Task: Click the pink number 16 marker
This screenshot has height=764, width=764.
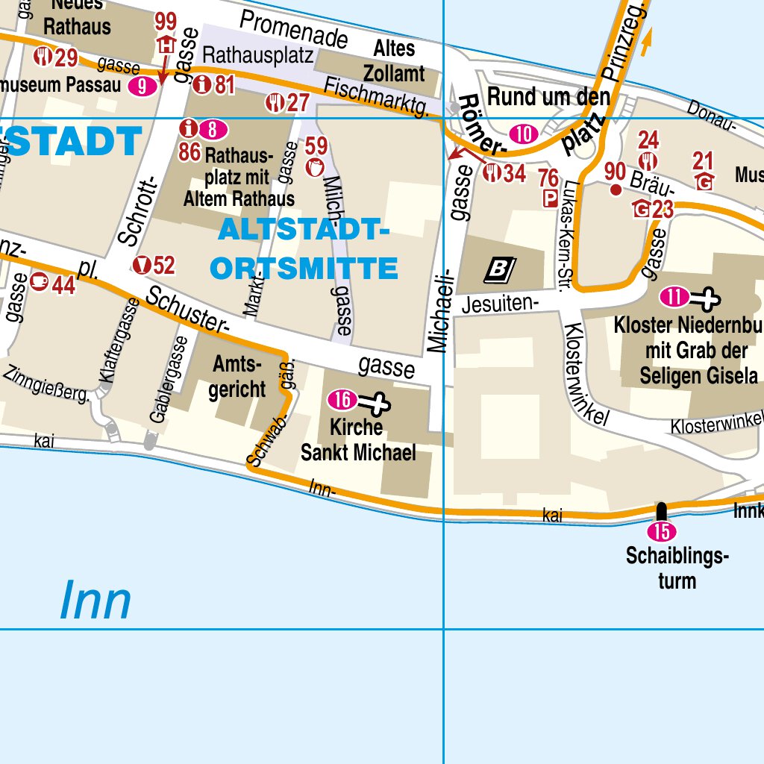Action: (x=342, y=401)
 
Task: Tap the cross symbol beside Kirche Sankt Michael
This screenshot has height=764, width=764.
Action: (x=375, y=404)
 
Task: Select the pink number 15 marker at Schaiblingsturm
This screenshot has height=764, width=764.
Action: (x=662, y=532)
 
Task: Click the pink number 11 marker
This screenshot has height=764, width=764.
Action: (x=674, y=298)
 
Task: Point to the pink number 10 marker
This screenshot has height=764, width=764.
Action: (x=524, y=134)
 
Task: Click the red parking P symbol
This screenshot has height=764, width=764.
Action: (x=550, y=198)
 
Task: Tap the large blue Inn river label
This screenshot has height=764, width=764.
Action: (x=95, y=601)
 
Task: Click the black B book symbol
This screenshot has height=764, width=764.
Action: (x=500, y=269)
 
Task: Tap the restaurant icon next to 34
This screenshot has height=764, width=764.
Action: (x=492, y=174)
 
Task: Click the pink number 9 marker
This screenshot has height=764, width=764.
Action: (x=143, y=87)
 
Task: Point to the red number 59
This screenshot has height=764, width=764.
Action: (x=316, y=145)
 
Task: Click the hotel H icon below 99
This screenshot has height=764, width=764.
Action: (x=166, y=46)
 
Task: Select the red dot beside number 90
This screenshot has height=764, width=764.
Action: (x=616, y=190)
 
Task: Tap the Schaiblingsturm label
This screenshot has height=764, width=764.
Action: (x=677, y=569)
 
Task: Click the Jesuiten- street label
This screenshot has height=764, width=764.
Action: (x=499, y=303)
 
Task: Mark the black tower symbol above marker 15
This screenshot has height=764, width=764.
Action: (x=661, y=511)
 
